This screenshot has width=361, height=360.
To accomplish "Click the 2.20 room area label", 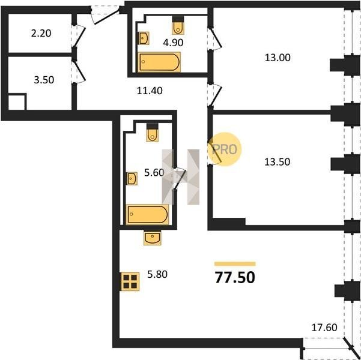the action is point(41,34).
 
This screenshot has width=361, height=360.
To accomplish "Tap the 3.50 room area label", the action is point(44,80).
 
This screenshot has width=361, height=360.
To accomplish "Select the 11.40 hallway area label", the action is point(150,91).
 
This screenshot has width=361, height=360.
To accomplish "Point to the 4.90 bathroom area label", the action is point(173,43).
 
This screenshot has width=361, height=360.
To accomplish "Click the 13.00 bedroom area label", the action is point(278,58).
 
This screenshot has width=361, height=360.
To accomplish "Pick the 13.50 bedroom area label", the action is point(277,162).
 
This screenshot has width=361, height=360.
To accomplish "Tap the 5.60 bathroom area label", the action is point(154,172).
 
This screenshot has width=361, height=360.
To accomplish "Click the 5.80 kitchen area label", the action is point(157,274).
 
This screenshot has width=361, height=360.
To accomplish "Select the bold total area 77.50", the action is point(235,277).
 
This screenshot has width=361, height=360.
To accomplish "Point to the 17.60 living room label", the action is point(324,327).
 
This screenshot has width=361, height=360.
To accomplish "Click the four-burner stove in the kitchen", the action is point(130,281).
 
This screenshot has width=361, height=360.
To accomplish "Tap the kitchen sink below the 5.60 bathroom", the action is point(153,238).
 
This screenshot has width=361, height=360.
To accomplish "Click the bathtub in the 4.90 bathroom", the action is point(159,62).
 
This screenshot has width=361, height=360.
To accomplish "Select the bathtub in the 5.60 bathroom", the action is point(147,214).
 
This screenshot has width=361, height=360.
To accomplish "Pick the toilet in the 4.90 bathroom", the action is point(178,26).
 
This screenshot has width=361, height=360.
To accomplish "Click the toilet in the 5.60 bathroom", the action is point(153,133).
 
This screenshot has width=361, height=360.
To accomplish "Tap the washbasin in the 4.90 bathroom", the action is point(144,38).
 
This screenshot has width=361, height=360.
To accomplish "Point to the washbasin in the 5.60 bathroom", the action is point(132,179).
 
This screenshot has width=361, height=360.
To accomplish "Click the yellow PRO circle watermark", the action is point(225,149).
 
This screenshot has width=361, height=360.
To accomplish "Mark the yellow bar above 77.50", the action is point(235,264).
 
